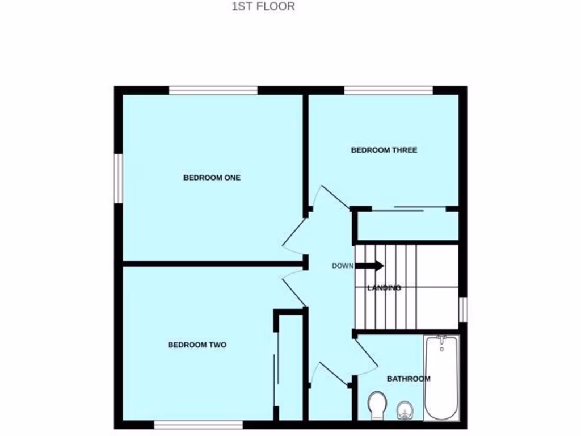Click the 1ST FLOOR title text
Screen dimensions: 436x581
click(x=263, y=7)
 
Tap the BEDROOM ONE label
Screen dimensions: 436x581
click(x=212, y=178)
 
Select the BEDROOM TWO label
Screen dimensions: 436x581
click(x=197, y=345)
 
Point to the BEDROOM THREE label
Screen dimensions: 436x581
click(x=384, y=150)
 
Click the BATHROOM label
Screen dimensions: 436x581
click(x=408, y=379)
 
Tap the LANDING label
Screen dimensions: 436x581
click(x=384, y=288)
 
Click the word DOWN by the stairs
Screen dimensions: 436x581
click(x=343, y=266)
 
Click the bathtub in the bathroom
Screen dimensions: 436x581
click(x=442, y=378)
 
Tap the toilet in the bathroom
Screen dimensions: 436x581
click(x=376, y=405)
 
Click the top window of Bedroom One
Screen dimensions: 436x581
click(x=213, y=90)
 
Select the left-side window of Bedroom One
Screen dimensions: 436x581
click(x=118, y=178)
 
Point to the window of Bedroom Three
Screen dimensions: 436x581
click(x=389, y=90)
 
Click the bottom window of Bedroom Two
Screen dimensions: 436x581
click(x=199, y=424)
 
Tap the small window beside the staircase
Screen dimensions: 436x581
click(x=463, y=310)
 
